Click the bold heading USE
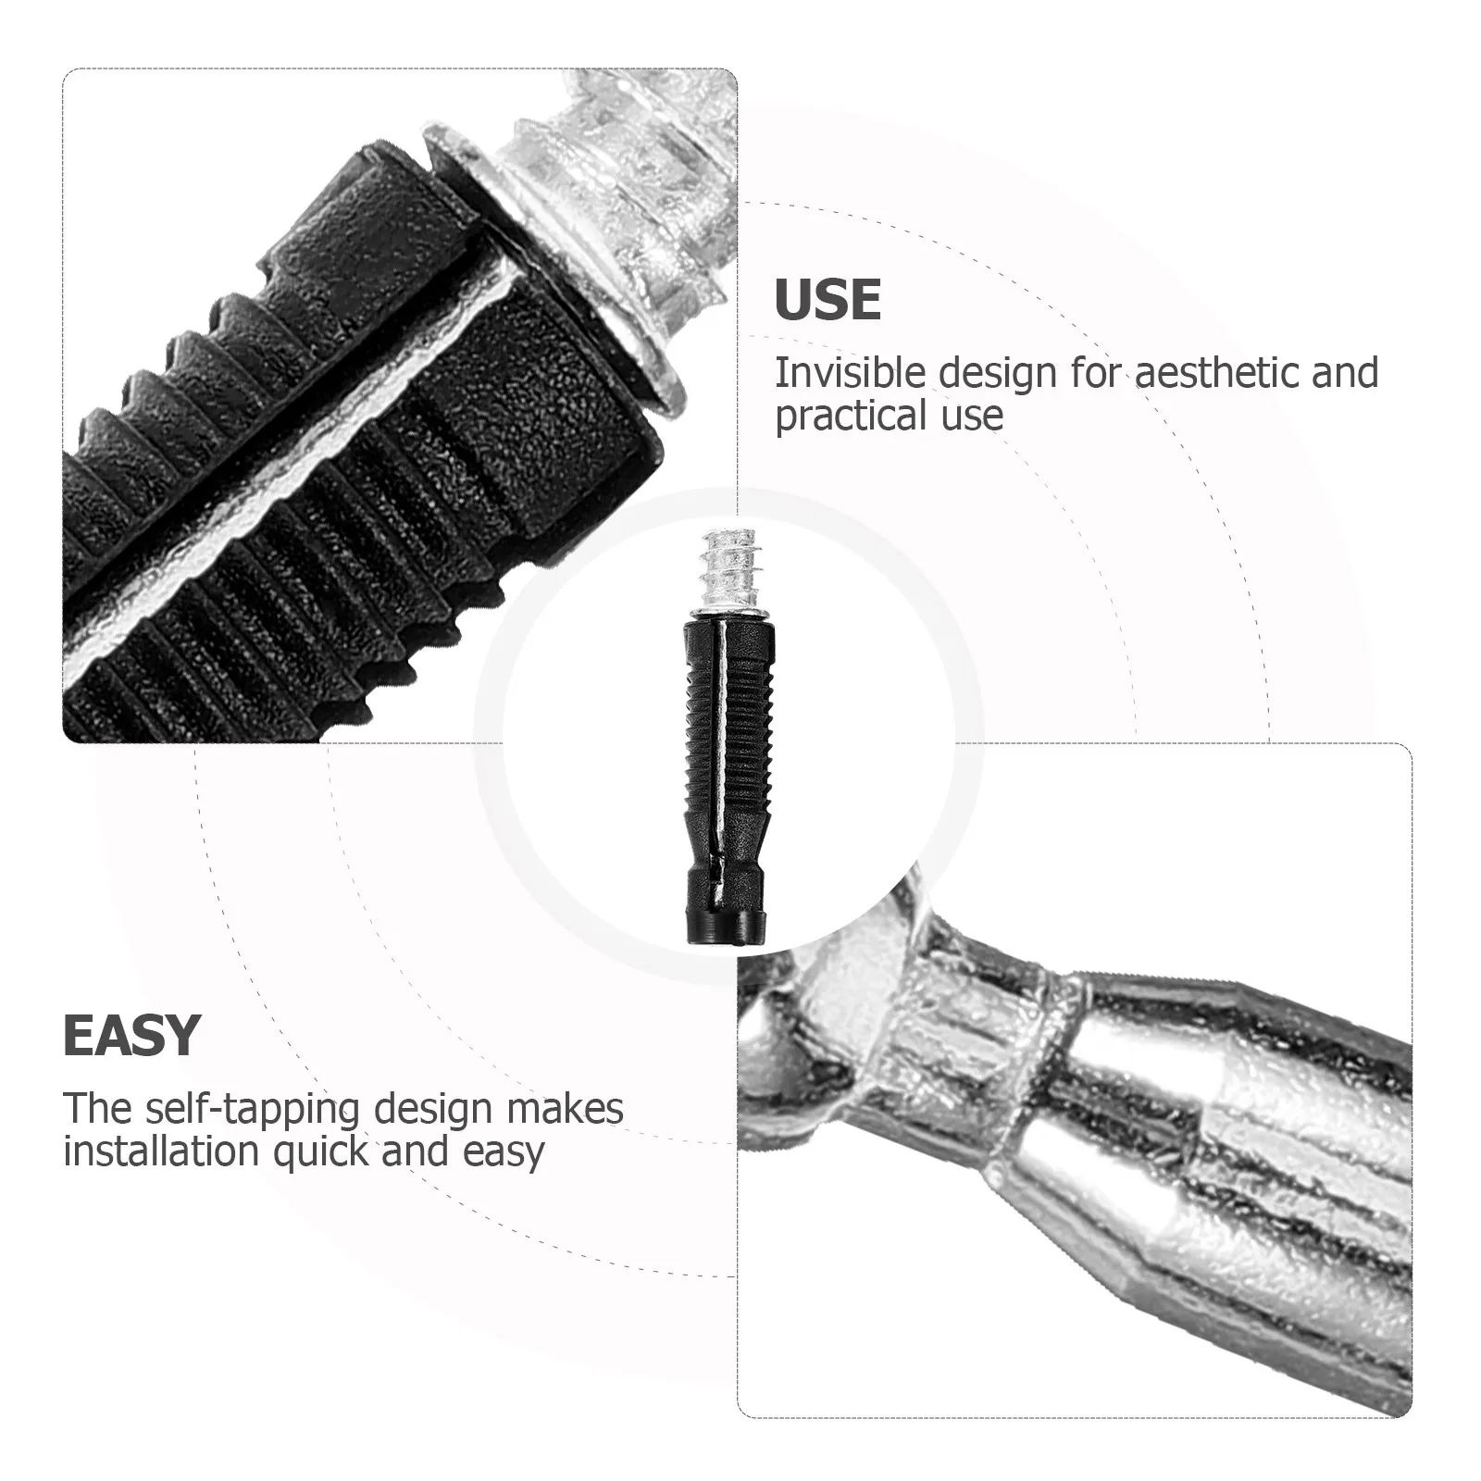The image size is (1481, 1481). coord(828,300)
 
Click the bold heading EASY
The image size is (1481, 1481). coord(131,1035)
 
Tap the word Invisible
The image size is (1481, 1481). coord(850,373)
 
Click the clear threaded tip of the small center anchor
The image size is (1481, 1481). coord(727,568)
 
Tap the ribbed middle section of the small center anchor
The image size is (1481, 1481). coord(728,731)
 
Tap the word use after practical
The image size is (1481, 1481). coord(973,416)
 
